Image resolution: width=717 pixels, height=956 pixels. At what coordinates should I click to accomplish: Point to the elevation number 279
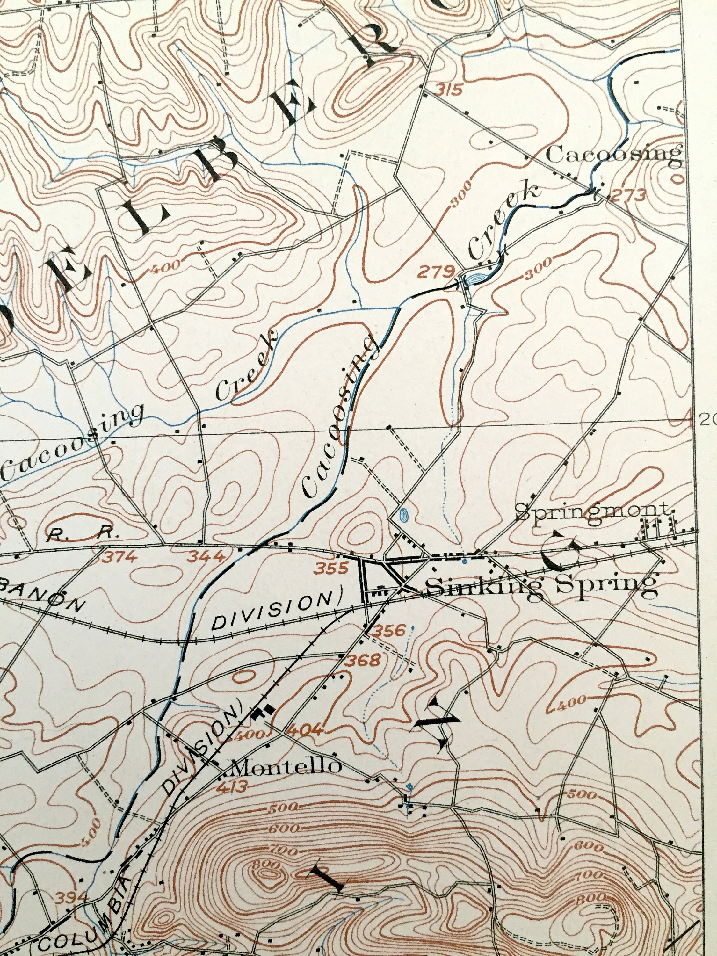pyautogui.click(x=436, y=272)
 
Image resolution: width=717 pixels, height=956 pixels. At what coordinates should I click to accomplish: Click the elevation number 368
pyautogui.click(x=364, y=660)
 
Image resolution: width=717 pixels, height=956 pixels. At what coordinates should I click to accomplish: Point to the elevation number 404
pyautogui.click(x=305, y=731)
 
